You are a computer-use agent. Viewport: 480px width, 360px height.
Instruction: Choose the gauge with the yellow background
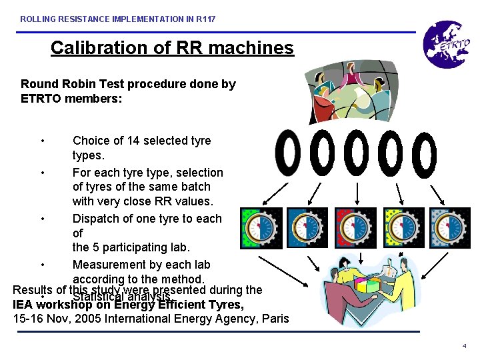point(403,228)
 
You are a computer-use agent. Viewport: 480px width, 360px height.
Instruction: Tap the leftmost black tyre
point(288,153)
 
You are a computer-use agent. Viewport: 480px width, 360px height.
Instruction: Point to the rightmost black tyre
point(425,153)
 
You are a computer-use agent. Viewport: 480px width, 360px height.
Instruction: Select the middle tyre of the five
point(357,153)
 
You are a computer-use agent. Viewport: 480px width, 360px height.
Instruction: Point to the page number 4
point(464,347)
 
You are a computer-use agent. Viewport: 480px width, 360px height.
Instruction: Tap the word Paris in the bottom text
point(274,319)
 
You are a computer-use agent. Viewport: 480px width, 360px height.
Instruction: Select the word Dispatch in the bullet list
point(98,219)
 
